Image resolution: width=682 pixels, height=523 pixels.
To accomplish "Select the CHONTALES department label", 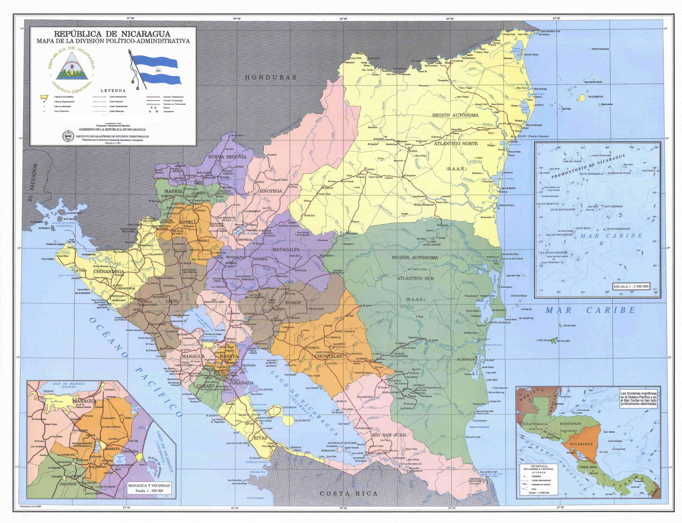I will [x=328, y=356].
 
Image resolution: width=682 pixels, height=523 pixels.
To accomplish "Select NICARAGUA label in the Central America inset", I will [x=581, y=444].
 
